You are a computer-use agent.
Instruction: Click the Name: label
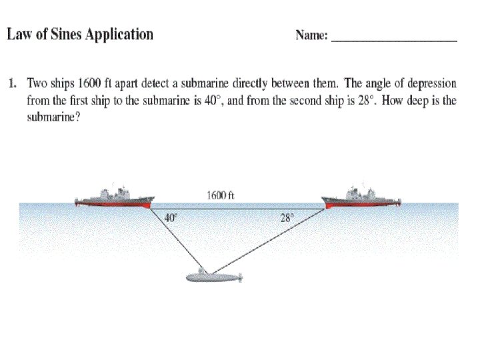pos(311,36)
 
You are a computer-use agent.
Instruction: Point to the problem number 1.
pos(11,84)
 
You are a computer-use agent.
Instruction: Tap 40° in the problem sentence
pos(211,101)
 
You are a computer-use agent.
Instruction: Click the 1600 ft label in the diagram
pos(220,195)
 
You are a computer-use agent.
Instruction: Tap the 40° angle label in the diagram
pos(171,217)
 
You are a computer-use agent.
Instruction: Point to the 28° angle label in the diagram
pos(287,217)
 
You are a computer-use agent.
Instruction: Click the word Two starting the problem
pos(37,84)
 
